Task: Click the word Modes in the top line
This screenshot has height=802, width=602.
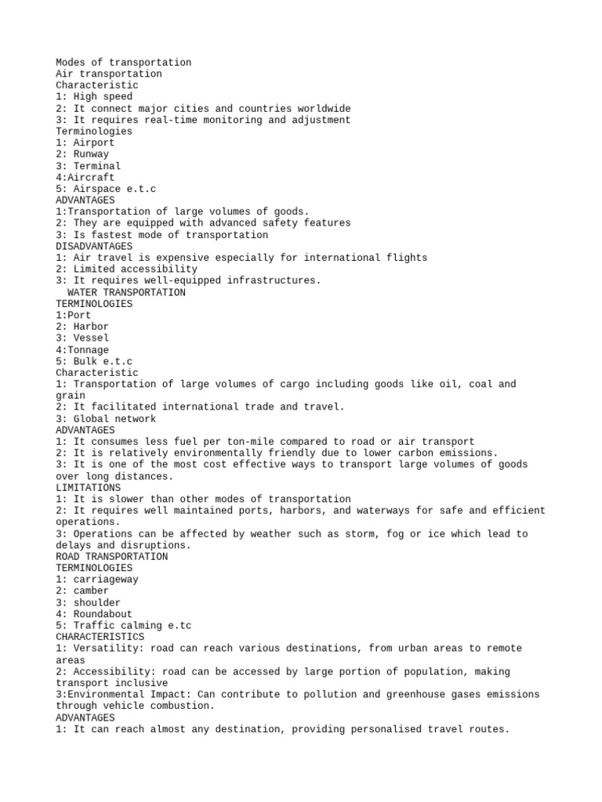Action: click(71, 63)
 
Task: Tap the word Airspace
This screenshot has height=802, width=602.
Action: click(100, 189)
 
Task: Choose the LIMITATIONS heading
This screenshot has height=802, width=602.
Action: click(88, 487)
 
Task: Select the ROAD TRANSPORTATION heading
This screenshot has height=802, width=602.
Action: click(111, 556)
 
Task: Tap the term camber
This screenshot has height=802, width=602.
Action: click(91, 591)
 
